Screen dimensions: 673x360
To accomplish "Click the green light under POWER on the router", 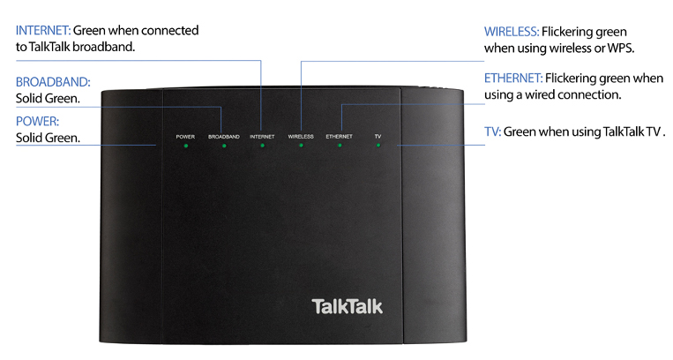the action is coord(186,146).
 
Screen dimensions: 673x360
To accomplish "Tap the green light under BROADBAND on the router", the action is coord(224,146).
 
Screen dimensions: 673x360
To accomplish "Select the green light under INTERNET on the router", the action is coord(262,146).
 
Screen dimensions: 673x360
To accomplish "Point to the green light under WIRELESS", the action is coord(301,146).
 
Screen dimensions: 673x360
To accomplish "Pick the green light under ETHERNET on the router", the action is coord(340,146).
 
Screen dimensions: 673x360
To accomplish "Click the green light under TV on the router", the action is coord(378,146).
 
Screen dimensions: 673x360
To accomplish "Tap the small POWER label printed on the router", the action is coord(185,137).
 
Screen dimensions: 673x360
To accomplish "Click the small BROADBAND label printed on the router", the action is coord(224,137).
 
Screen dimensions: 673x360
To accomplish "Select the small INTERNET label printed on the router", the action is coord(262,137).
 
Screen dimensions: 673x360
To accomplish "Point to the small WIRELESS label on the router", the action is coord(301,136).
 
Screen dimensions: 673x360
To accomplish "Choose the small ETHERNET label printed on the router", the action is coord(339,136).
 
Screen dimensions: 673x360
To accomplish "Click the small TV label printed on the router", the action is coord(378,136).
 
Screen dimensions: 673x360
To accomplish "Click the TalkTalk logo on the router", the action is coord(347,306).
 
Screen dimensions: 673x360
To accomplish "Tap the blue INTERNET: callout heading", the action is coord(43,31).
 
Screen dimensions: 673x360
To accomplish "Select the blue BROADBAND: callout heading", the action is coord(53,82).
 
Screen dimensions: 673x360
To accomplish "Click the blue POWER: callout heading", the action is coord(37,122).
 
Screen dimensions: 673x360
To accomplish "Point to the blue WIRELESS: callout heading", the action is coord(512,32).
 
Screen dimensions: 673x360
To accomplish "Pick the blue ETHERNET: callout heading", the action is coord(513,79).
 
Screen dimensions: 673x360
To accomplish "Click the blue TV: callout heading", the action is coord(493,131).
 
